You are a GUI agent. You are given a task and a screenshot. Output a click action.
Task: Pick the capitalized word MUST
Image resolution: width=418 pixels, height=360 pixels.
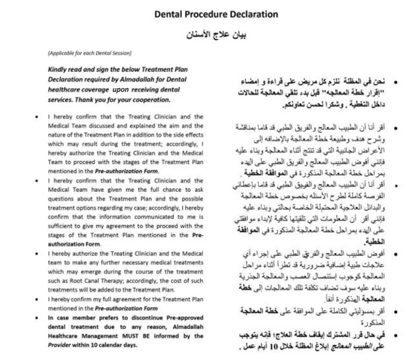click(x=121, y=336)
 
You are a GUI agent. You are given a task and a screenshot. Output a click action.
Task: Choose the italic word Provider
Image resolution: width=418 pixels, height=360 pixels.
click(x=60, y=344)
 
